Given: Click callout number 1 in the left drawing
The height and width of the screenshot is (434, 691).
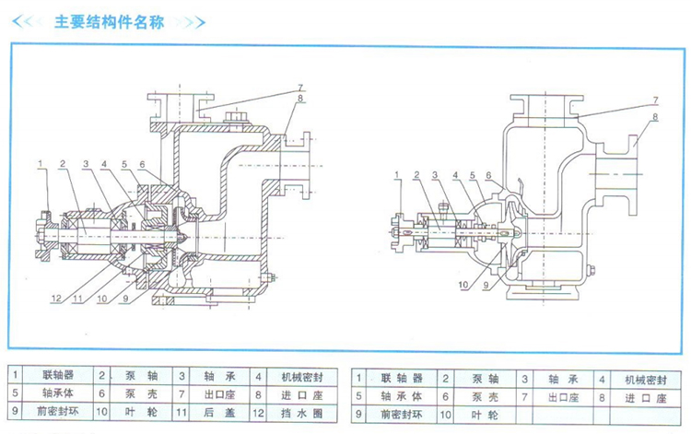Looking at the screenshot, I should [x=41, y=164].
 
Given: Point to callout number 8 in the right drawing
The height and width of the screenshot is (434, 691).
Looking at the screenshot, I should [x=654, y=117].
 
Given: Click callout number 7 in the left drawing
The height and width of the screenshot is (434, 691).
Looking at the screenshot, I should [x=300, y=88].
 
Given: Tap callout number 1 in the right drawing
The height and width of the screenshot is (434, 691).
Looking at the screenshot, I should [x=397, y=173].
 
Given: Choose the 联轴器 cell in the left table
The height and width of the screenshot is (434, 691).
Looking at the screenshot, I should [x=58, y=376].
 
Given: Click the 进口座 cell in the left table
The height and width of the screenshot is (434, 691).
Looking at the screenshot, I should [x=298, y=395].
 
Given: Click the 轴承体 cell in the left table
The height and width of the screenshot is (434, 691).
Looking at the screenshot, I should [x=58, y=395].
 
